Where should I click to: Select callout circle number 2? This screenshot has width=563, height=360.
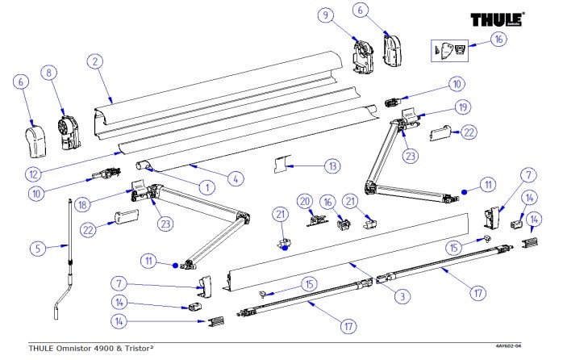[x=95, y=61]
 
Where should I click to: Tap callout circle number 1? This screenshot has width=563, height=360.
[x=206, y=187]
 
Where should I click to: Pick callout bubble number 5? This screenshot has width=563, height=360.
[x=37, y=249]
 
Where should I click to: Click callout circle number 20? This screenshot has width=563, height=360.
[x=305, y=200]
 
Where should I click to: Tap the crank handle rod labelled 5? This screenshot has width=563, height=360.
[x=71, y=250]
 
